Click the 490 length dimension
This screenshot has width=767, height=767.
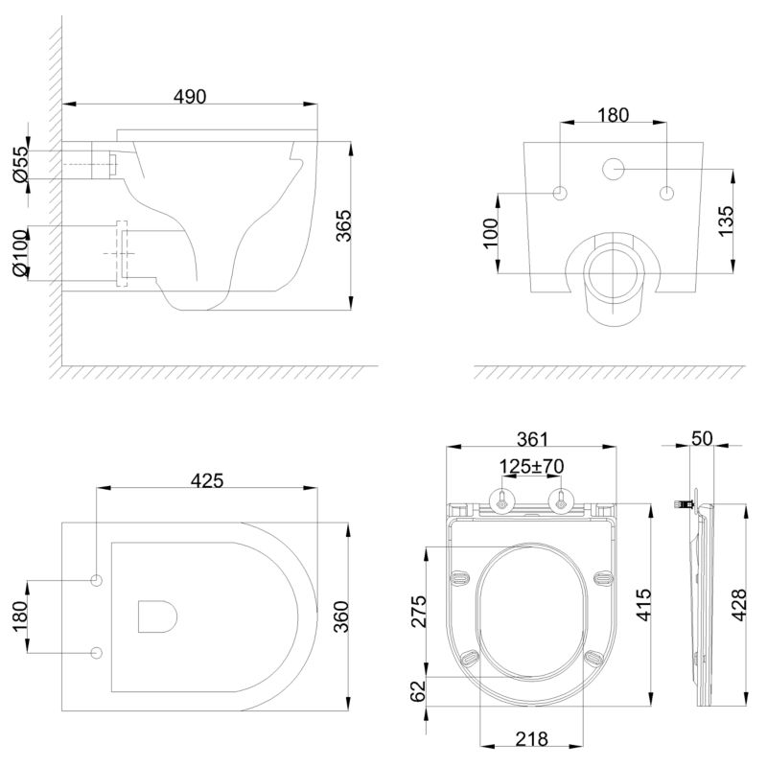point(190,97)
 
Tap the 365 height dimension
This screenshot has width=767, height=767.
point(344,225)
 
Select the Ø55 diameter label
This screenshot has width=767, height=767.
point(20,164)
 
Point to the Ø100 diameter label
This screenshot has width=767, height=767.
point(20,253)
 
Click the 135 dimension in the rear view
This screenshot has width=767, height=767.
point(727,221)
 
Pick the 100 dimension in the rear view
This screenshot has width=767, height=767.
point(490,233)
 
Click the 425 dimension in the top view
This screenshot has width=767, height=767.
point(207,480)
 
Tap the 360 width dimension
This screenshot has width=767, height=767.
point(341,616)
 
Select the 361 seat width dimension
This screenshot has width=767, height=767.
point(533,439)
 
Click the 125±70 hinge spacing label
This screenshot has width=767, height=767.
point(531,466)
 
